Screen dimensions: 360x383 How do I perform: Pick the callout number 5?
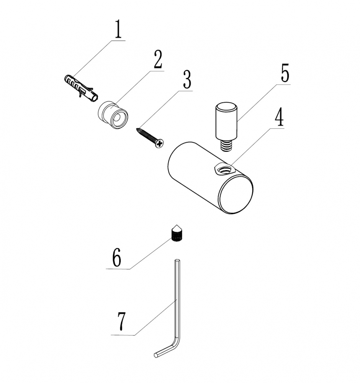coord(285,73)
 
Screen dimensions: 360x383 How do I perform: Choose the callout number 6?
coord(117,257)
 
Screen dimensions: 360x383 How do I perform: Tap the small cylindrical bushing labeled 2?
coord(113,115)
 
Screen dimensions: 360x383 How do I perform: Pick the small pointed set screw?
coord(177,233)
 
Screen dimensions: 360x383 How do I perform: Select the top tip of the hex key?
coord(177,260)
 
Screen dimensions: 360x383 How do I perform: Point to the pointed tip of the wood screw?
coord(137,129)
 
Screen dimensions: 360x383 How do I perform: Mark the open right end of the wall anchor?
coord(95,97)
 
